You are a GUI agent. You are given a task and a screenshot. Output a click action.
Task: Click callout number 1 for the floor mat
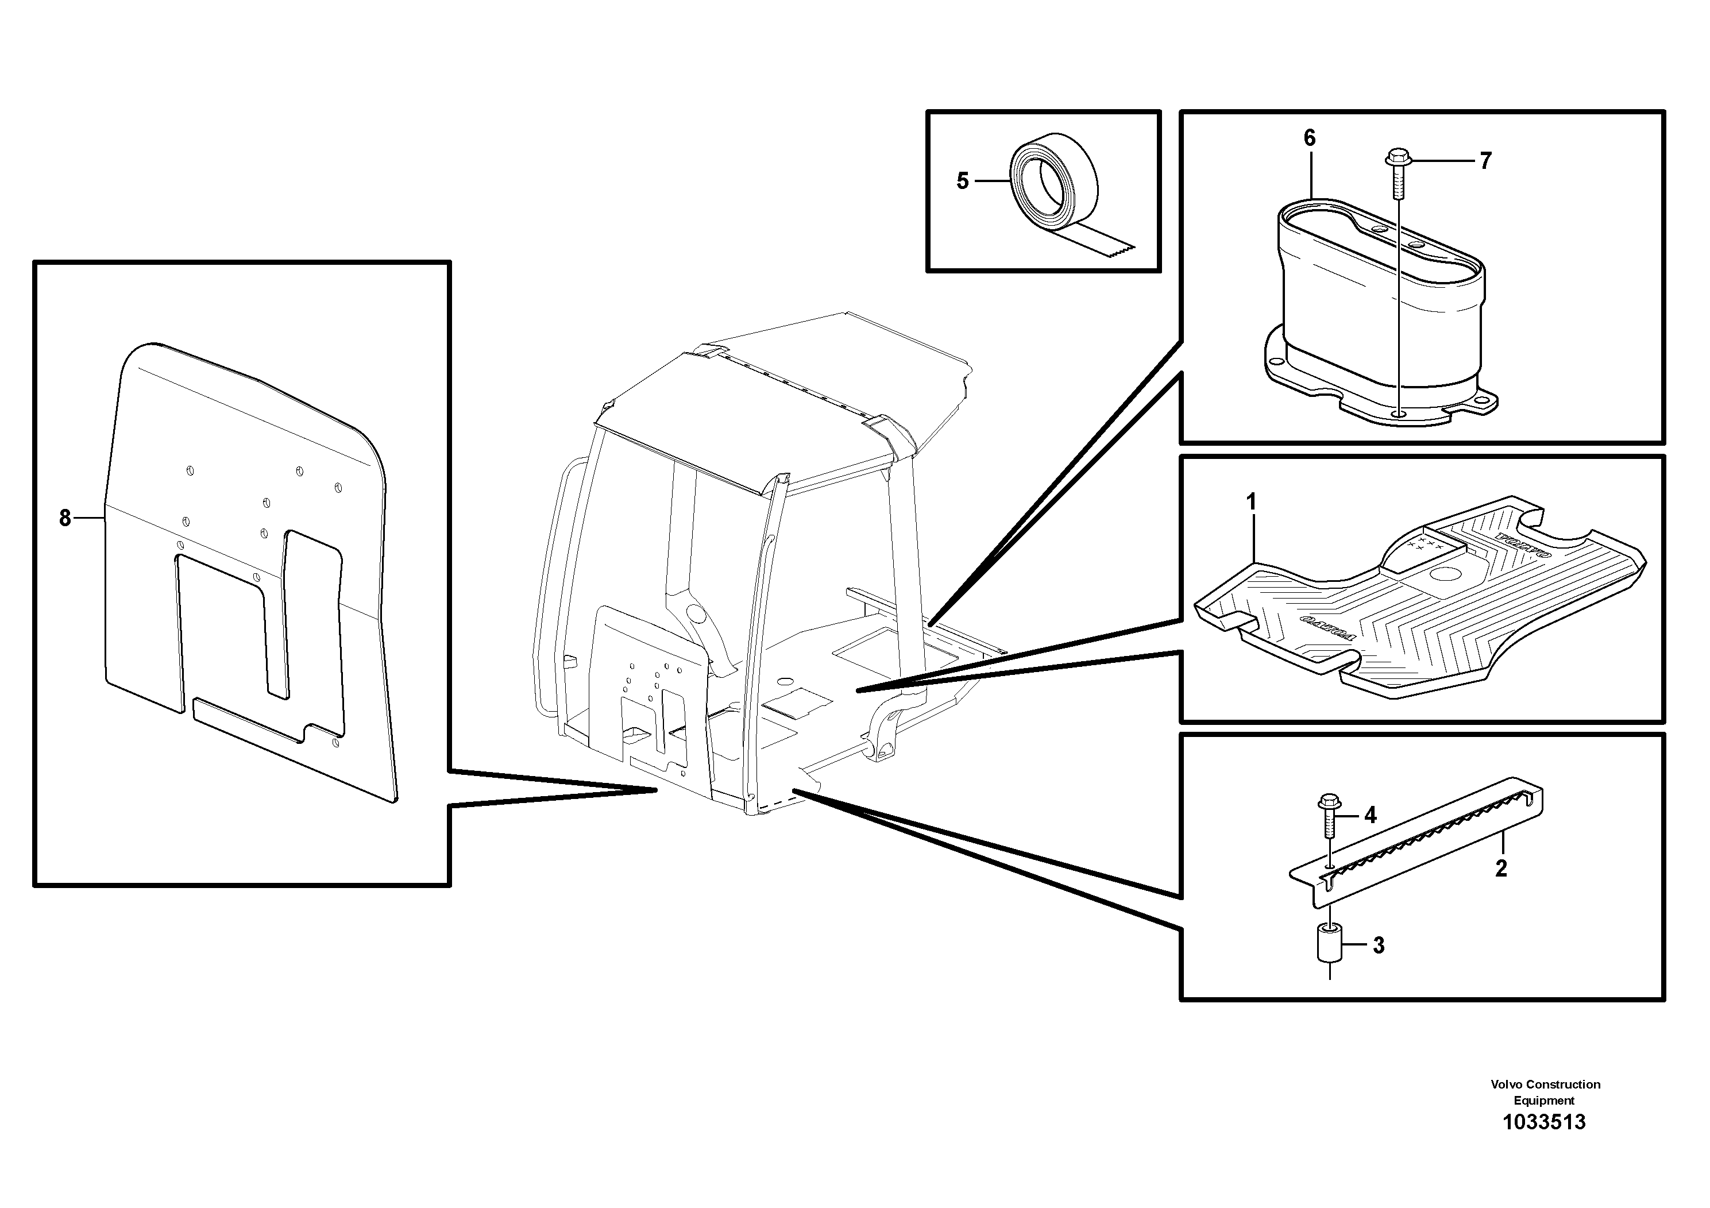pyautogui.click(x=1251, y=503)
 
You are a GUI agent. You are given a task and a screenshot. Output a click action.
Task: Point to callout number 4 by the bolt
pyautogui.click(x=1371, y=816)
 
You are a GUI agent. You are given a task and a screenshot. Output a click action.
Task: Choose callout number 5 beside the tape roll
pyautogui.click(x=962, y=181)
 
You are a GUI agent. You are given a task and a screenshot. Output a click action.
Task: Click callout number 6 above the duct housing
pyautogui.click(x=1309, y=138)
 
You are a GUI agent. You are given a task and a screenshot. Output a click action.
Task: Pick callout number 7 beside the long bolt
pyautogui.click(x=1485, y=161)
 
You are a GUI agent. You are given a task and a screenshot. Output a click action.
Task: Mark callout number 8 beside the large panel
pyautogui.click(x=65, y=518)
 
